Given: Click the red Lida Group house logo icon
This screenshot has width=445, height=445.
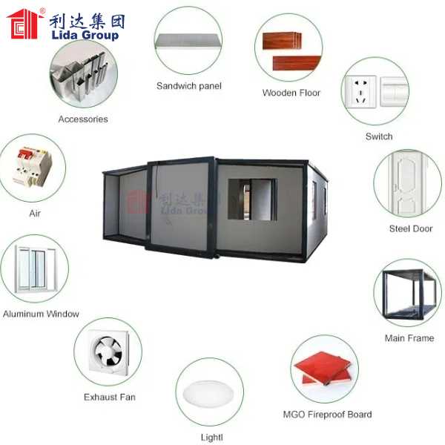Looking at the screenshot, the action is click(x=24, y=24).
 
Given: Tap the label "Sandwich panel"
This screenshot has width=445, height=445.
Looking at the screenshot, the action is click(x=189, y=86).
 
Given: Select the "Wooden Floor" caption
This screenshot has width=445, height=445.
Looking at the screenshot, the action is click(x=291, y=93).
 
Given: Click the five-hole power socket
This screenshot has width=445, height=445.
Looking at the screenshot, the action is click(x=360, y=92).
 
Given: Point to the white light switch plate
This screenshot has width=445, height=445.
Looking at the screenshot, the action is click(x=395, y=92).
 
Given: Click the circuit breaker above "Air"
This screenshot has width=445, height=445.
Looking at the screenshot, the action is click(x=33, y=167).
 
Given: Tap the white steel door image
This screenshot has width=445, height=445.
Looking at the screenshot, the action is click(x=409, y=183).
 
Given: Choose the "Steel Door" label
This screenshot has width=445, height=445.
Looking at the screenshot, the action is click(x=411, y=228).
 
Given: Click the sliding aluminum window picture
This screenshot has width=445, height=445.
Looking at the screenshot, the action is click(x=35, y=269).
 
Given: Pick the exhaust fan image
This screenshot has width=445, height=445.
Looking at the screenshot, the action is click(x=108, y=352).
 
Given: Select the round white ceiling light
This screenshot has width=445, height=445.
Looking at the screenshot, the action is click(x=208, y=393).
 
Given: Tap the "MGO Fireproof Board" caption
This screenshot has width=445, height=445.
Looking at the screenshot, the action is click(x=327, y=415).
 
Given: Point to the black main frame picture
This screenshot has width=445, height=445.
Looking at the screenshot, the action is click(x=409, y=294).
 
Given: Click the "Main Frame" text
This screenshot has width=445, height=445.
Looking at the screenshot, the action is click(x=409, y=338).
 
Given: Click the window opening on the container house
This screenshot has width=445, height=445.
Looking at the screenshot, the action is click(x=253, y=200).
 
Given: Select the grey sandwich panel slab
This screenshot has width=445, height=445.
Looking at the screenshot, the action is click(x=188, y=41).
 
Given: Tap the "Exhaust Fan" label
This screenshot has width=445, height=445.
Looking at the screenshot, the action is click(x=110, y=397).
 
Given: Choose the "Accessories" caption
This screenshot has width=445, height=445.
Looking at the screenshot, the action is click(x=83, y=119).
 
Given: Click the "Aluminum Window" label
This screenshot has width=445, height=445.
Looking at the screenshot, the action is click(x=41, y=314).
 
